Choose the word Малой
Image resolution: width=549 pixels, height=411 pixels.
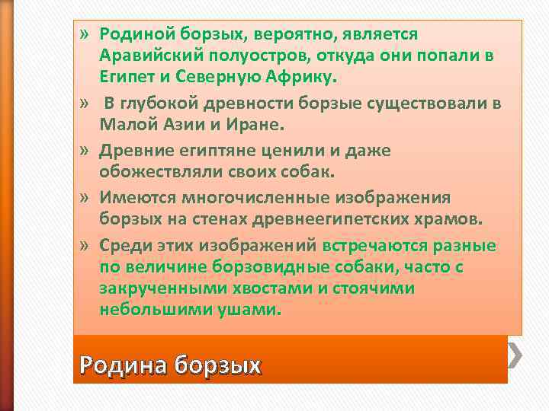click(122, 123)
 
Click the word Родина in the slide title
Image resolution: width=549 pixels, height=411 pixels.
click(124, 365)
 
